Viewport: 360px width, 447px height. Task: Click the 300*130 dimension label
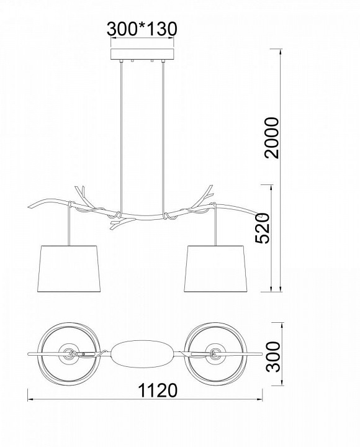coord(142,29)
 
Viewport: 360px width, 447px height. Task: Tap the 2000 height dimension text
coord(271,137)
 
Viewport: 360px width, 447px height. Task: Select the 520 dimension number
coord(262,228)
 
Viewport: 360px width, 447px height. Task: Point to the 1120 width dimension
coord(157,391)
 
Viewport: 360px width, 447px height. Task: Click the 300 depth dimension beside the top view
coord(273,356)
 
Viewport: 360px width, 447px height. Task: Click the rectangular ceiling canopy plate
coord(142,54)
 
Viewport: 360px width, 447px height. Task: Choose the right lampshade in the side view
coord(215,269)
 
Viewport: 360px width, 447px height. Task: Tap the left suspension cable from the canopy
coord(122,137)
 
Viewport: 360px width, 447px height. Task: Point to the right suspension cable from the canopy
coord(163,137)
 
